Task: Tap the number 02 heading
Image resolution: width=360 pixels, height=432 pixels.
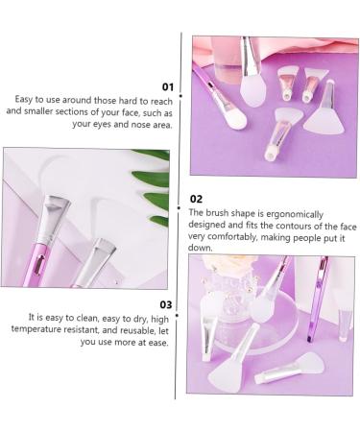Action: point(197,199)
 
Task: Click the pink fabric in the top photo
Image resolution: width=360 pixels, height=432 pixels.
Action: point(331,67)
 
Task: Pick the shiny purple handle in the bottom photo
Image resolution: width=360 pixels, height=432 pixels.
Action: point(316,298)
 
